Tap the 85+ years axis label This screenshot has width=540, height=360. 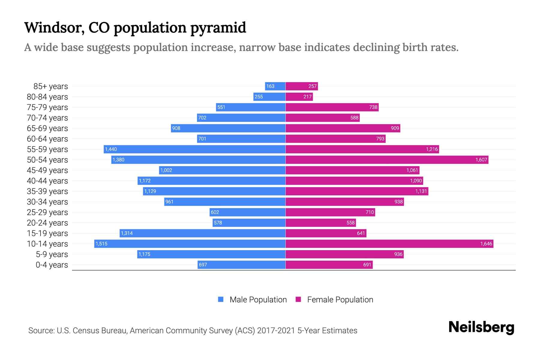click(51, 86)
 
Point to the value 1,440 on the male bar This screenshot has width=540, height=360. click(111, 149)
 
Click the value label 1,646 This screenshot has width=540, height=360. click(486, 244)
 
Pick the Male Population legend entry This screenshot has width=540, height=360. click(252, 299)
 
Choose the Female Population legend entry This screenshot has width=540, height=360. click(334, 299)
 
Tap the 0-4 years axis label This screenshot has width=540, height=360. click(52, 265)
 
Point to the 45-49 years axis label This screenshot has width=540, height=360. click(47, 170)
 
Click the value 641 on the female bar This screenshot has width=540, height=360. click(361, 233)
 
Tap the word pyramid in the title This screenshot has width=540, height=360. click(218, 28)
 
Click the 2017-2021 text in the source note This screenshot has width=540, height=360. click(276, 331)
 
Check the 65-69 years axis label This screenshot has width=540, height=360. click(47, 128)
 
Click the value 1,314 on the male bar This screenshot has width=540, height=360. click(127, 233)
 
